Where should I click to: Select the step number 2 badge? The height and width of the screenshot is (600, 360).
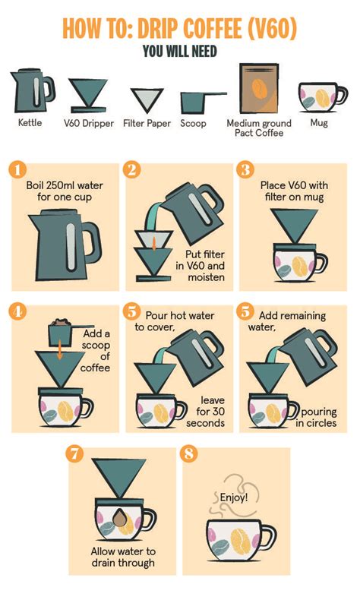click(132, 169)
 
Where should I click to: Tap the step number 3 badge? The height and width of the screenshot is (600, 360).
click(245, 169)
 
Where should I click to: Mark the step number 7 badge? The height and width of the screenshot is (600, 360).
click(74, 453)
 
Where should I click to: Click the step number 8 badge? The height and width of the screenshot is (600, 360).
click(188, 453)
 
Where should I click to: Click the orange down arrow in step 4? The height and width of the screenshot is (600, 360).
click(59, 355)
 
